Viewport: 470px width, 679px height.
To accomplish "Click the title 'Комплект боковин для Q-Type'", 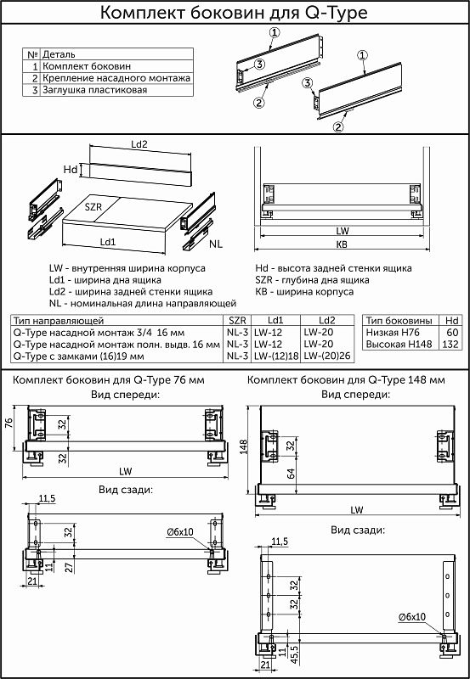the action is [x=234, y=13].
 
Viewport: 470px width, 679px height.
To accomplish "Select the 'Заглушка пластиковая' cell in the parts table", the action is [x=94, y=90].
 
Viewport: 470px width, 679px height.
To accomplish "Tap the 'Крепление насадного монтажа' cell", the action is [x=116, y=78].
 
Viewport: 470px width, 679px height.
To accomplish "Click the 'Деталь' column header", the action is [x=59, y=54].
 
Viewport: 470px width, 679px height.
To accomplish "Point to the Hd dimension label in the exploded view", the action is [x=71, y=170].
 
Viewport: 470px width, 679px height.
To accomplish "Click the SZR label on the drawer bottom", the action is [x=93, y=207].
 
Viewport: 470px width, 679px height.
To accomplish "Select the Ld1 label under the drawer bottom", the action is [x=108, y=242].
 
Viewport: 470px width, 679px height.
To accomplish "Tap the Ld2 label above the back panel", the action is [x=139, y=144].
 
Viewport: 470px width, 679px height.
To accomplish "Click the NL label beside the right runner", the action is [x=216, y=244].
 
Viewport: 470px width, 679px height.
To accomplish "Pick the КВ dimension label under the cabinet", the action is [x=343, y=244].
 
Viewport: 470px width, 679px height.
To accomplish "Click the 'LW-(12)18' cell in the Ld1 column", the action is [x=276, y=356].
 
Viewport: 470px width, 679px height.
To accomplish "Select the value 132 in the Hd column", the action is [x=451, y=345].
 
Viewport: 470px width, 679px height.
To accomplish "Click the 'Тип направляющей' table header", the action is [x=59, y=321].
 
